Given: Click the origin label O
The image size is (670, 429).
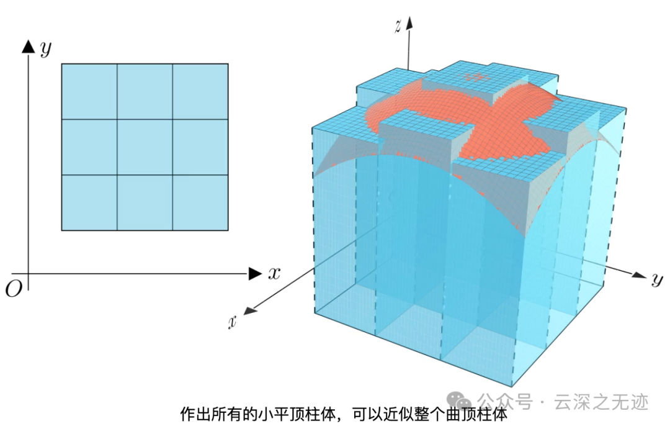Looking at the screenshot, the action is point(12,288).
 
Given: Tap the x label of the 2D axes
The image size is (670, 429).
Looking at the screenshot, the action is point(274,273).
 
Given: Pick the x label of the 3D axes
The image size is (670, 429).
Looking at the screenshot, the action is point(233,321).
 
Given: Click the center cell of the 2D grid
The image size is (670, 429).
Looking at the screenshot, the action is point(145,147).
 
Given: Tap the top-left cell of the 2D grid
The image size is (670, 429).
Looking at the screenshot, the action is point(89,91).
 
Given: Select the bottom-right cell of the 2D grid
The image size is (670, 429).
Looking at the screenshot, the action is point(200,202).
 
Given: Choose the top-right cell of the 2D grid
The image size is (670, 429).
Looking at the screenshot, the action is point(200,91).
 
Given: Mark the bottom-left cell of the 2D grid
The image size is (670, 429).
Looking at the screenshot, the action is point(89,202).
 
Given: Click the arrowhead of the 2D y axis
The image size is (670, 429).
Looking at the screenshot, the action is point(27,46).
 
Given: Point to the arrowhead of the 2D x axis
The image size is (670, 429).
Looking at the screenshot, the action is point(255,273).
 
